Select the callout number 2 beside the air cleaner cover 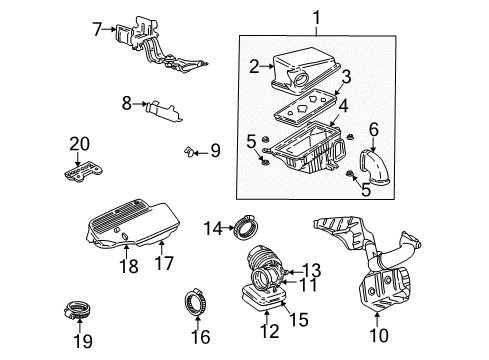point(254,67)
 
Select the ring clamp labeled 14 point(244,230)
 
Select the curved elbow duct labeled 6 point(360,163)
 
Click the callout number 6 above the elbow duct point(374,128)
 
